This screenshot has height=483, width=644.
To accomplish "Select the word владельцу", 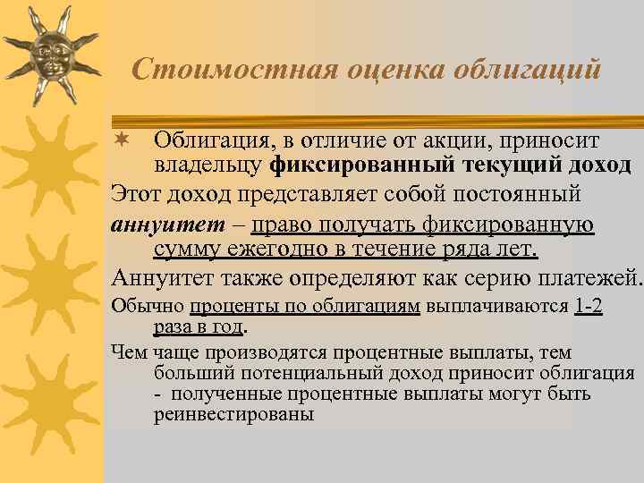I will (208, 165).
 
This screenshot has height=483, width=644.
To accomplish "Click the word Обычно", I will (147, 306).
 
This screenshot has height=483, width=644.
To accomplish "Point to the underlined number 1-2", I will (588, 306).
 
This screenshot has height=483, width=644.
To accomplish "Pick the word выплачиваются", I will (496, 306).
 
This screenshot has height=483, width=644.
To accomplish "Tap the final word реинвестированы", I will (233, 415).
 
